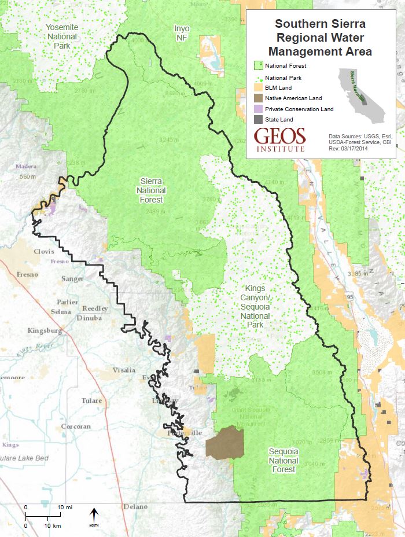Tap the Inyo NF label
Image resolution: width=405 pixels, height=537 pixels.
tap(182, 33)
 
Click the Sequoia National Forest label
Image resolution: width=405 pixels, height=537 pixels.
tap(283, 461)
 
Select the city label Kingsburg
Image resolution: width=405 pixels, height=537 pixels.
tap(45, 331)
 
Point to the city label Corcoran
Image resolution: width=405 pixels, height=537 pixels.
tap(76, 426)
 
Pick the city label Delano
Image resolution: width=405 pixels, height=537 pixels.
tap(135, 506)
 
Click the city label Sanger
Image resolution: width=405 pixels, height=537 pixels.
tap(72, 279)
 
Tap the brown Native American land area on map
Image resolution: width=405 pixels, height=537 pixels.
tap(225, 443)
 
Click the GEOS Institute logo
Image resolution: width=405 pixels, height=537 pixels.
tap(280, 139)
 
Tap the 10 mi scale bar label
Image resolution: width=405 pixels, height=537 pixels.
tap(65, 507)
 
